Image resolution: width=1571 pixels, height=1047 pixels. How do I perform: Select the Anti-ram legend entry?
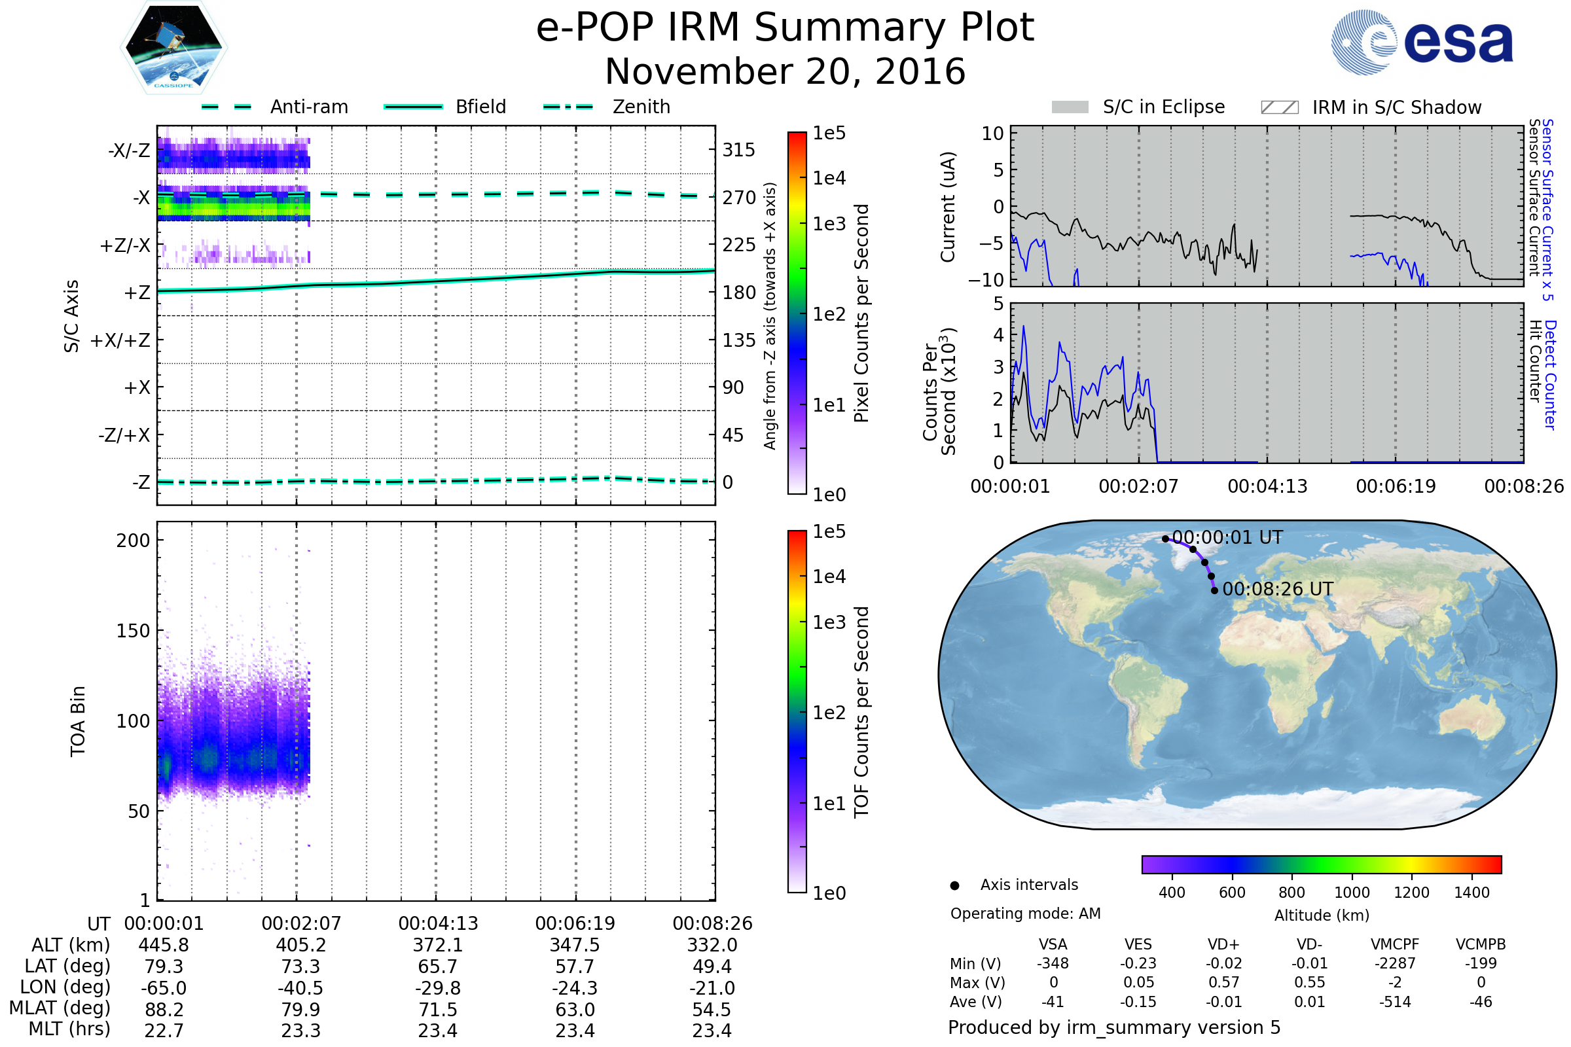[x=275, y=107]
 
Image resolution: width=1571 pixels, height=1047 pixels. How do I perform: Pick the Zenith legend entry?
[x=607, y=107]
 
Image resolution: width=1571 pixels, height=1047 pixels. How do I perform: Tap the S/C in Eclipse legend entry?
[x=1138, y=107]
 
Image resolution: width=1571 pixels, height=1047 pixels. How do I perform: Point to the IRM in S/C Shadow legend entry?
[x=1371, y=107]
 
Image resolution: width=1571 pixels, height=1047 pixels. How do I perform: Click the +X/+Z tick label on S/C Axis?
[x=120, y=340]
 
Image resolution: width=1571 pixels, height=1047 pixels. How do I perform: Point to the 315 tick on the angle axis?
[x=739, y=150]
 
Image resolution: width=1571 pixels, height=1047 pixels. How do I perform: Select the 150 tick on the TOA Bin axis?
[x=133, y=631]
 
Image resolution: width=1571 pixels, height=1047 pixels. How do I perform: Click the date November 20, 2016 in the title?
[x=785, y=72]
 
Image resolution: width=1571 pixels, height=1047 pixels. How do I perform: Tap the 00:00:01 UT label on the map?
[x=1228, y=537]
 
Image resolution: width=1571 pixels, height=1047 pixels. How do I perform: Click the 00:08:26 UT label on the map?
[x=1278, y=589]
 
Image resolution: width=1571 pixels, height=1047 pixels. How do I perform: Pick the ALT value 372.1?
[x=437, y=946]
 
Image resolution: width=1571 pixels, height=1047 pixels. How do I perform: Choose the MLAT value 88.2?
[x=164, y=1010]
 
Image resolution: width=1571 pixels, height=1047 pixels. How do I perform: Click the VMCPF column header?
[x=1395, y=945]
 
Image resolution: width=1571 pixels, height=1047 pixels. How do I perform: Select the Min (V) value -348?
[x=1053, y=963]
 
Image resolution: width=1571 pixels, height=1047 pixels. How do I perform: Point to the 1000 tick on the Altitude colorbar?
[x=1352, y=893]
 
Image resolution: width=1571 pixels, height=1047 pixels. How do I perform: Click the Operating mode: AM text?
[x=1025, y=914]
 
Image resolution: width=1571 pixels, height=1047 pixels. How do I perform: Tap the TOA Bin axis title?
[x=78, y=721]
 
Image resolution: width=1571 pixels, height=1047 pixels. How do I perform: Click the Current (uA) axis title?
[x=948, y=207]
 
